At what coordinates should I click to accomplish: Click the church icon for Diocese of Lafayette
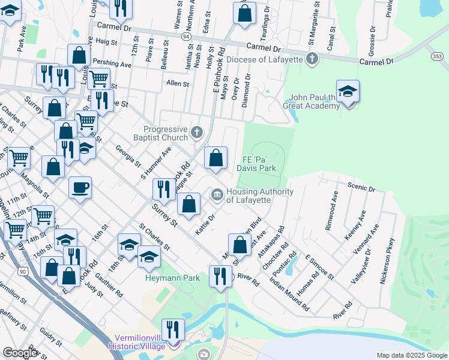pyautogui.click(x=312, y=59)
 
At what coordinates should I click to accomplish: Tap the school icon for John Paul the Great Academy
pyautogui.click(x=348, y=92)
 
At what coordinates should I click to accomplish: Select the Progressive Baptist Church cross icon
pyautogui.click(x=196, y=131)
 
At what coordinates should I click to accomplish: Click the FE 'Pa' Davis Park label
pyautogui.click(x=259, y=164)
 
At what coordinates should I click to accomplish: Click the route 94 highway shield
pyautogui.click(x=187, y=37)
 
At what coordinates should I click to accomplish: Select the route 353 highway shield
pyautogui.click(x=438, y=56)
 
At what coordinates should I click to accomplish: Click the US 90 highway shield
pyautogui.click(x=23, y=272)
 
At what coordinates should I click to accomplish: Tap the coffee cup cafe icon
pyautogui.click(x=80, y=188)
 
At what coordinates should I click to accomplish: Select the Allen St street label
pyautogui.click(x=177, y=84)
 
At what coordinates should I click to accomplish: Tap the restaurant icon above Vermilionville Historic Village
pyautogui.click(x=173, y=329)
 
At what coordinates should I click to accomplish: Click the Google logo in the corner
pyautogui.click(x=20, y=353)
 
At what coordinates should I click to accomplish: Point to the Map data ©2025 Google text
pyautogui.click(x=411, y=355)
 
